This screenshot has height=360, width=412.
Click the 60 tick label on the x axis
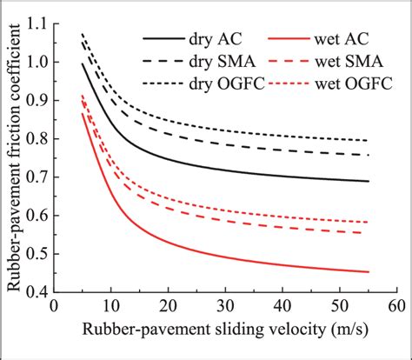point(396,306)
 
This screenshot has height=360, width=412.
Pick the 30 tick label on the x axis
point(225,306)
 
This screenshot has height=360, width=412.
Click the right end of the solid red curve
point(369,271)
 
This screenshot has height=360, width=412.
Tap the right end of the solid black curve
point(369,181)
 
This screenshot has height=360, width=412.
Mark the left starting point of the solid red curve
point(83,114)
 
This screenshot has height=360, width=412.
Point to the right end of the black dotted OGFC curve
point(369,140)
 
